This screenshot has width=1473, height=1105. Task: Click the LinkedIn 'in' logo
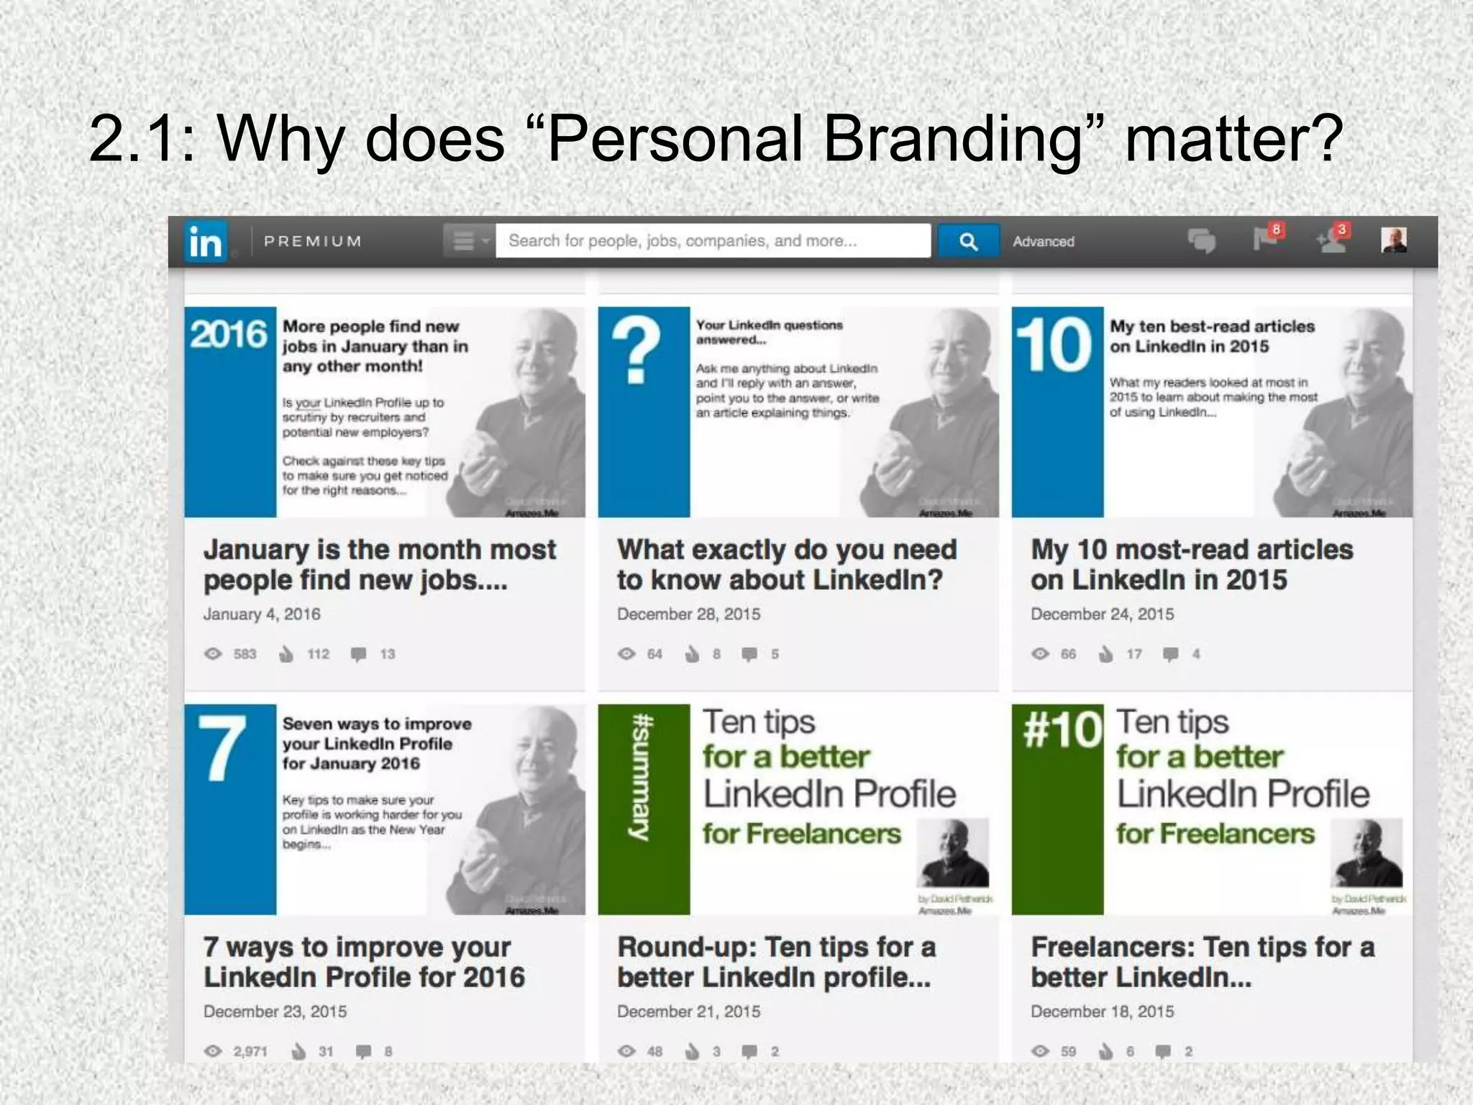click(x=206, y=242)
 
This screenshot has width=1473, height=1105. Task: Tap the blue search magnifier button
click(x=968, y=241)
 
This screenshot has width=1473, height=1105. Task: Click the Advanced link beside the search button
click(x=1043, y=242)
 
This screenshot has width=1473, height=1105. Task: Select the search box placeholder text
click(x=682, y=241)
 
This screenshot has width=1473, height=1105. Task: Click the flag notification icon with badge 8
click(x=1266, y=238)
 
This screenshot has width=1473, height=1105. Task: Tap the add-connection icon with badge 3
click(x=1331, y=240)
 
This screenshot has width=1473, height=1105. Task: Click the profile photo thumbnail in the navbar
click(x=1394, y=240)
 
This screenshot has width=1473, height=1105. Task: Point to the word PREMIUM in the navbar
click(x=312, y=242)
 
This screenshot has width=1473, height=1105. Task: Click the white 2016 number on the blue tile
click(x=229, y=335)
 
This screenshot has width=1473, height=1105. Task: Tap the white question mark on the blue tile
click(x=636, y=350)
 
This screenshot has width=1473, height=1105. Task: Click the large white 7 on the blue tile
click(x=222, y=749)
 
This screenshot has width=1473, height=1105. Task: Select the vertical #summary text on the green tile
click(x=640, y=777)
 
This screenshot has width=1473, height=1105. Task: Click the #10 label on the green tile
click(x=1062, y=729)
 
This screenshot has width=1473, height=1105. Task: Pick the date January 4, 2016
click(x=262, y=614)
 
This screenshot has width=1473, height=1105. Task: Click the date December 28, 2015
click(x=688, y=614)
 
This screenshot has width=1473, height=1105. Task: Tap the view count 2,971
click(x=250, y=1052)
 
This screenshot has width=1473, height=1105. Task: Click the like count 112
click(x=318, y=654)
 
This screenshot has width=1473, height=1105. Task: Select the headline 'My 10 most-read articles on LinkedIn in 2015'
click(x=1191, y=565)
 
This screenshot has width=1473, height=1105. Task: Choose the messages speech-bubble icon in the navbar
click(x=1201, y=240)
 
